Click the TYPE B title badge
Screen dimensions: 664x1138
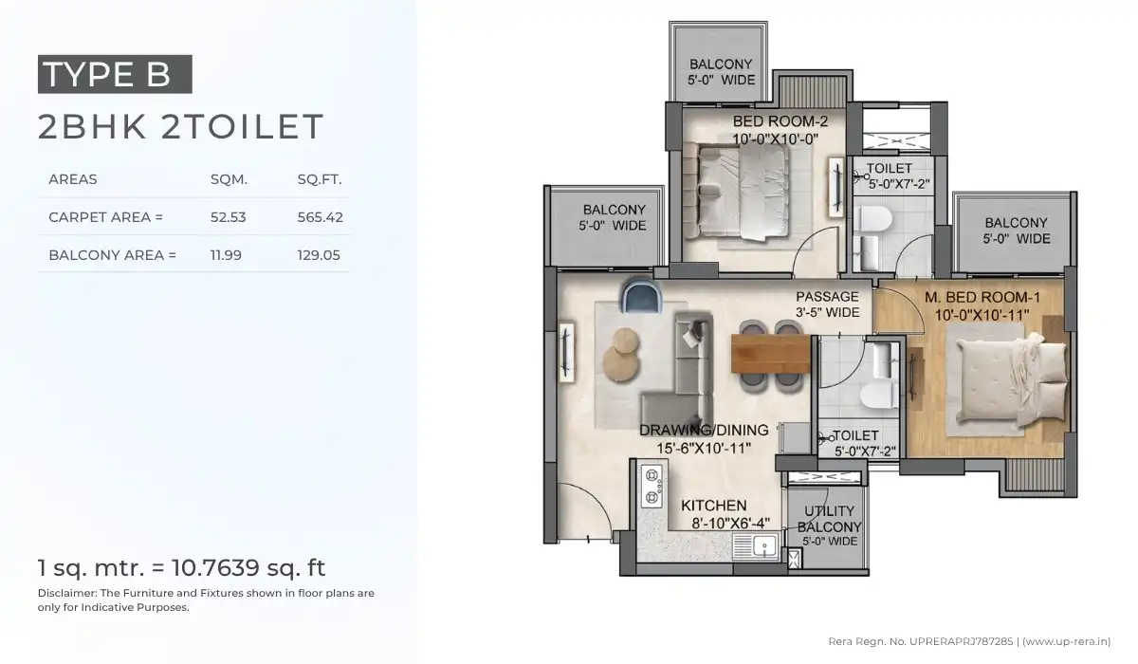click(x=115, y=74)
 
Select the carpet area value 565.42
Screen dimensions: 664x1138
click(x=320, y=217)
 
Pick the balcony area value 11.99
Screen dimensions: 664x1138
click(x=228, y=255)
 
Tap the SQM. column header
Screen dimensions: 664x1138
click(x=229, y=179)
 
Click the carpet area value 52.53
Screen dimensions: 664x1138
click(x=228, y=217)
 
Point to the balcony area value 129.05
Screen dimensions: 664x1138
click(x=320, y=255)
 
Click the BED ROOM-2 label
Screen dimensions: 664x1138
click(x=774, y=121)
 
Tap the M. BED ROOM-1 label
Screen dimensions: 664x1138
click(x=982, y=298)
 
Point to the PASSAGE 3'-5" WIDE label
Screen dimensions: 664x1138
click(x=827, y=304)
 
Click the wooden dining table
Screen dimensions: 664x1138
click(x=769, y=354)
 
